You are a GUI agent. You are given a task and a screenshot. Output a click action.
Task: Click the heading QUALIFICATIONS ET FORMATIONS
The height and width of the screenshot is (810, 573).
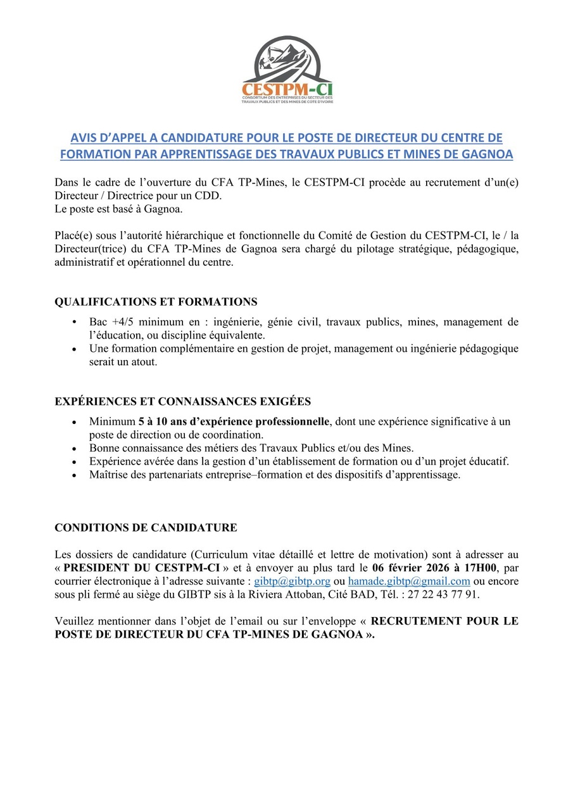pos(156,302)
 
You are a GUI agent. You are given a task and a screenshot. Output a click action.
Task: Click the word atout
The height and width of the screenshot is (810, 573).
pos(142,362)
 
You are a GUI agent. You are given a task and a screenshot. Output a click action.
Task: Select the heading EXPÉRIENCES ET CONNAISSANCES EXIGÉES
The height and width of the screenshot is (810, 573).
pos(183,401)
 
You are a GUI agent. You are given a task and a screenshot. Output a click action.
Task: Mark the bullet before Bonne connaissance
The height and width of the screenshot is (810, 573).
pos(75,448)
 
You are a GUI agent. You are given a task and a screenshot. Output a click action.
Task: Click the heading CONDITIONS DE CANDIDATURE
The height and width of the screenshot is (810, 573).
pos(146,527)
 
